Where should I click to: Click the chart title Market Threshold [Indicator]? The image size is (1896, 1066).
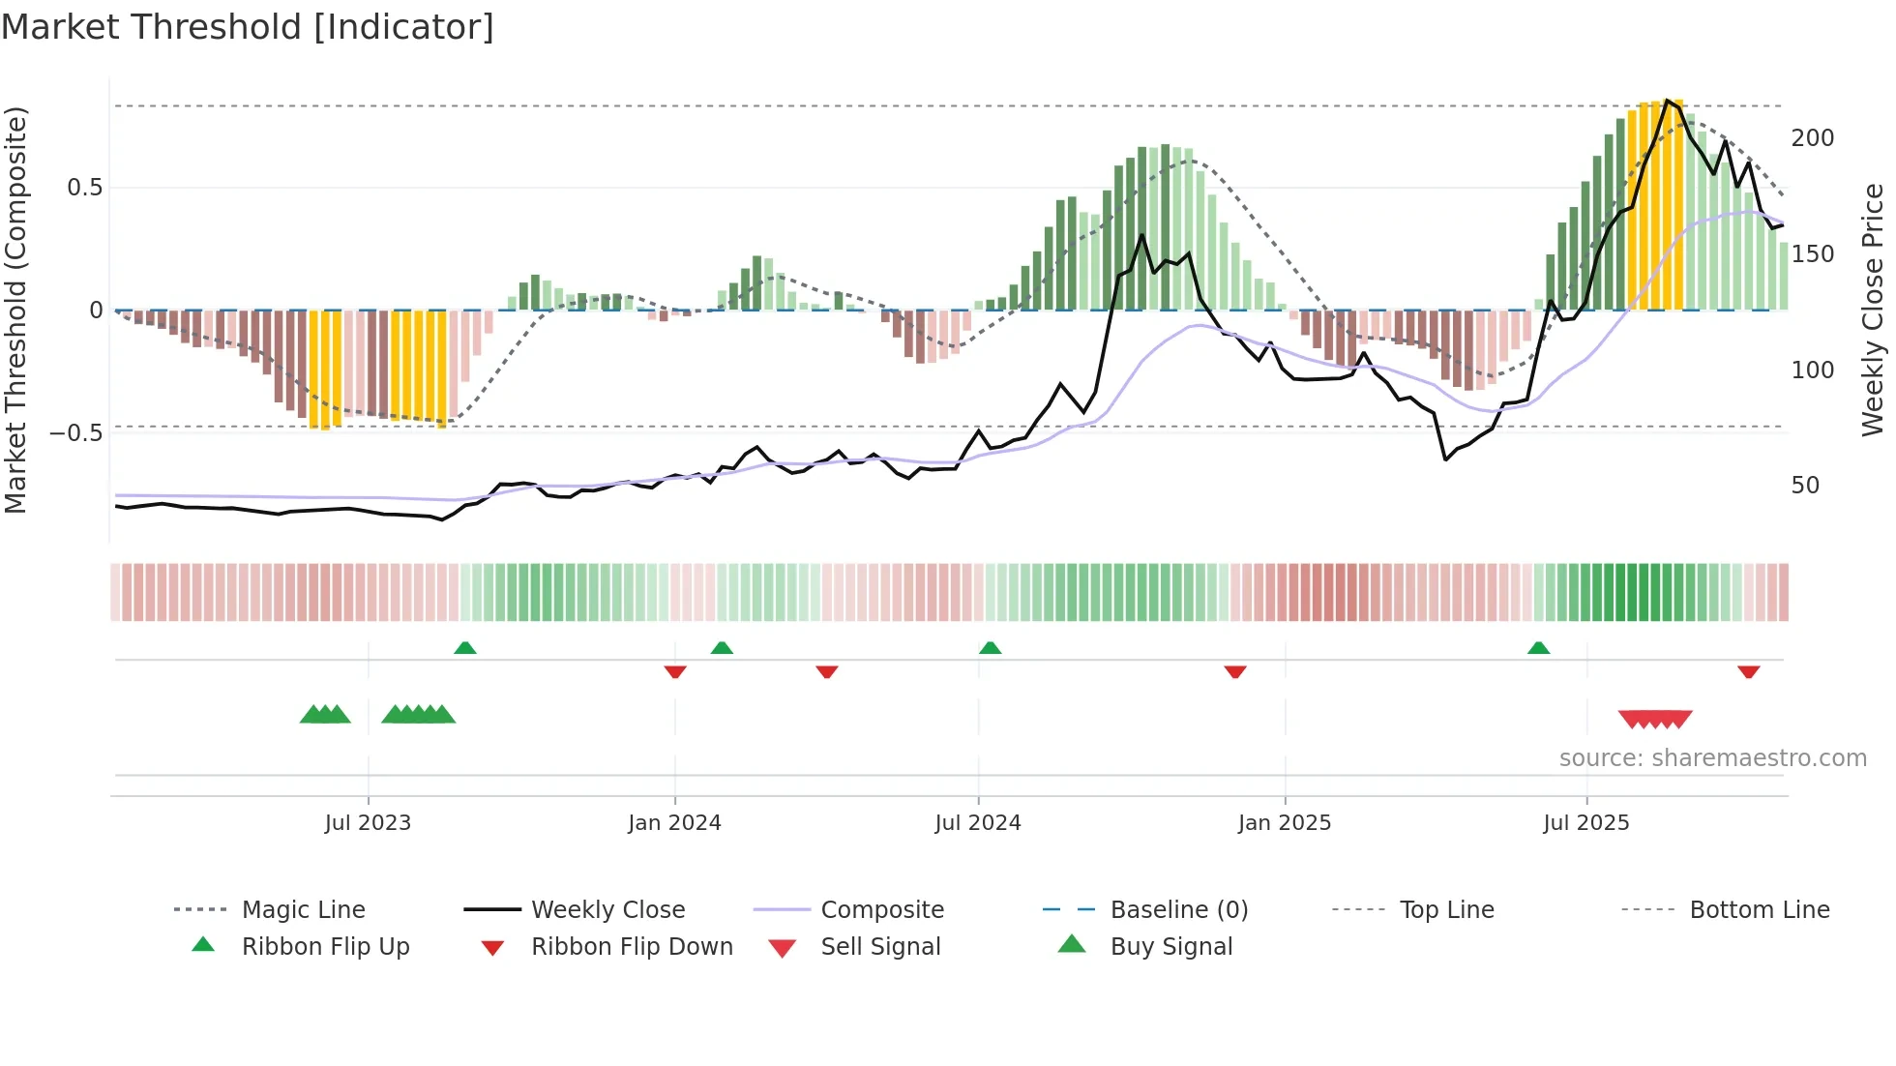[x=248, y=27]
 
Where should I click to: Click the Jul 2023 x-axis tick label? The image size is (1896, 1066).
[x=368, y=823]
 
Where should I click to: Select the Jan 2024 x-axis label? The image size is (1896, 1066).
[x=674, y=823]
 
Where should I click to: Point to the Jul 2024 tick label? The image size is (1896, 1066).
[x=978, y=823]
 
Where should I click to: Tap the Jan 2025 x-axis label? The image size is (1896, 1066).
[x=1285, y=823]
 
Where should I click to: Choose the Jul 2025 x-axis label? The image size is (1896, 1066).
[x=1586, y=823]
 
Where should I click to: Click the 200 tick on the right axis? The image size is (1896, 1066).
[x=1812, y=138]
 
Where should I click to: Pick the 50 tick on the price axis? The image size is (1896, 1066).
[x=1805, y=486]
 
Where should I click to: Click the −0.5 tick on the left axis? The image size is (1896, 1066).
[x=76, y=432]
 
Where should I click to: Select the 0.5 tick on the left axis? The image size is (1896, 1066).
[x=84, y=188]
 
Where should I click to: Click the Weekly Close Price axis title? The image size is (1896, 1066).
[x=1873, y=310]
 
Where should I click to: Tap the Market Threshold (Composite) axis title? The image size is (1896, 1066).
[x=15, y=310]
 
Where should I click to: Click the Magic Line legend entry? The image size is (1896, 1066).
[x=303, y=910]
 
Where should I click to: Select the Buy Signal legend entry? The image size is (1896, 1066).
[x=1170, y=947]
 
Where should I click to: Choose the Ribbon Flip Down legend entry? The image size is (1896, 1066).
[x=631, y=947]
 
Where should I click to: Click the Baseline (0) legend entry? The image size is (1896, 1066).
[x=1178, y=910]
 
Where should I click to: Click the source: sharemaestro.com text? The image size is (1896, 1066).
[x=1712, y=758]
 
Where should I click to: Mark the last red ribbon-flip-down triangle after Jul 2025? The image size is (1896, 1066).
[x=1748, y=672]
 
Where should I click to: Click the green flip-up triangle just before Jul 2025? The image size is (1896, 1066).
[x=1538, y=648]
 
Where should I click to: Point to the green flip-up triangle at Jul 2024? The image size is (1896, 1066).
[x=990, y=648]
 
